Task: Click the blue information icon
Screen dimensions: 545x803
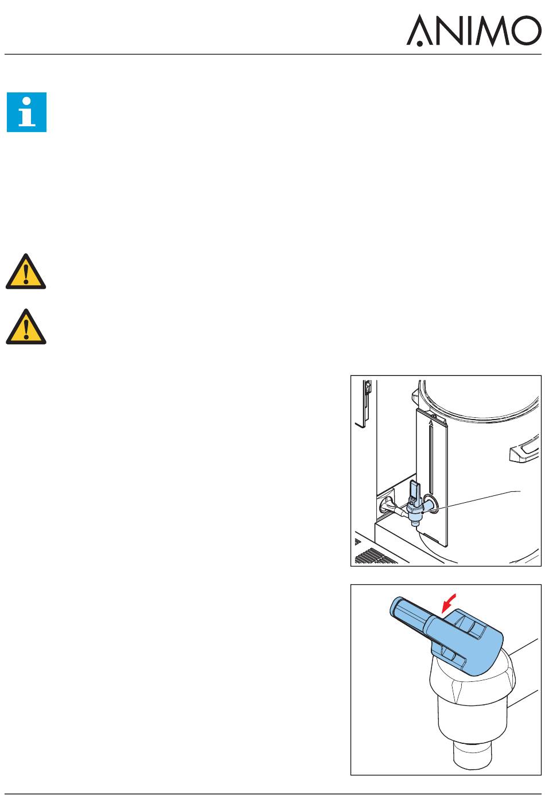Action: tap(26, 112)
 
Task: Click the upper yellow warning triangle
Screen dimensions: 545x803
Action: tap(26, 272)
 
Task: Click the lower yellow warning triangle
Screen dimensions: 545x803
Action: tap(26, 327)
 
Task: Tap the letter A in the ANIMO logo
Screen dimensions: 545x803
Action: tap(419, 31)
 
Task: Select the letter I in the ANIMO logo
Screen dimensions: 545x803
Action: tap(468, 30)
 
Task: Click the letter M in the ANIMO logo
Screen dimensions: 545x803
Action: tap(493, 31)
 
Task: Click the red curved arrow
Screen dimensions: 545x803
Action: tap(449, 603)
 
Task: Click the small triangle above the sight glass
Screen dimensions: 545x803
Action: tap(431, 422)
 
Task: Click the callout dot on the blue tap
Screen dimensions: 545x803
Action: tap(423, 512)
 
